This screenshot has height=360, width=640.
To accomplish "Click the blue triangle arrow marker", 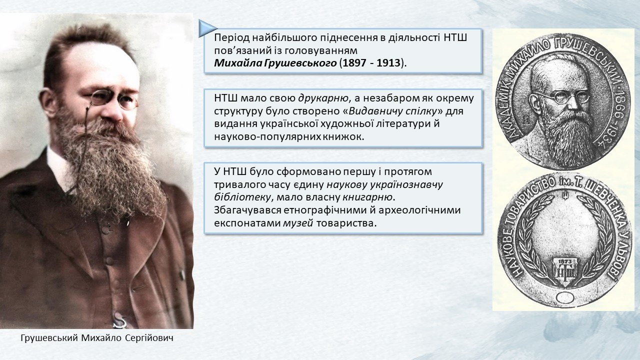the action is (x=207, y=28).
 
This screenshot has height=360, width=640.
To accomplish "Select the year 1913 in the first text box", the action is (x=388, y=63).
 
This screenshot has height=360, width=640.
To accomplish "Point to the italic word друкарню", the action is (x=323, y=98).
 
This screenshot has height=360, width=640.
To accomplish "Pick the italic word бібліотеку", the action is (x=242, y=197).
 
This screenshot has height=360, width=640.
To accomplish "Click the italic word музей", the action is (x=298, y=223).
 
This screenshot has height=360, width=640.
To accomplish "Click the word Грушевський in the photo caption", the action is (x=49, y=338).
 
